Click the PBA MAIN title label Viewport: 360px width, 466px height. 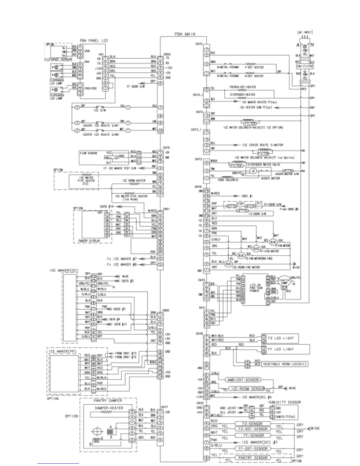click(185, 34)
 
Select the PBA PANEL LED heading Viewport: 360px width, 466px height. click(94, 40)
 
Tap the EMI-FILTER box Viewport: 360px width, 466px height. click(305, 66)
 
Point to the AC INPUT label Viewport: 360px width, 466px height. click(305, 32)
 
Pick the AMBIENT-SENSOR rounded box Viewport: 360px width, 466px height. click(243, 380)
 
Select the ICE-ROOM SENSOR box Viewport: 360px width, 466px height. click(247, 389)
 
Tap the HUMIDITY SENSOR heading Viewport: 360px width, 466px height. click(284, 402)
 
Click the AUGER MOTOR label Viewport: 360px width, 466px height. click(270, 178)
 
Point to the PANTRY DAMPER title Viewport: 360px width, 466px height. click(108, 400)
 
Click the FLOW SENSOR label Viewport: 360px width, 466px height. click(88, 153)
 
